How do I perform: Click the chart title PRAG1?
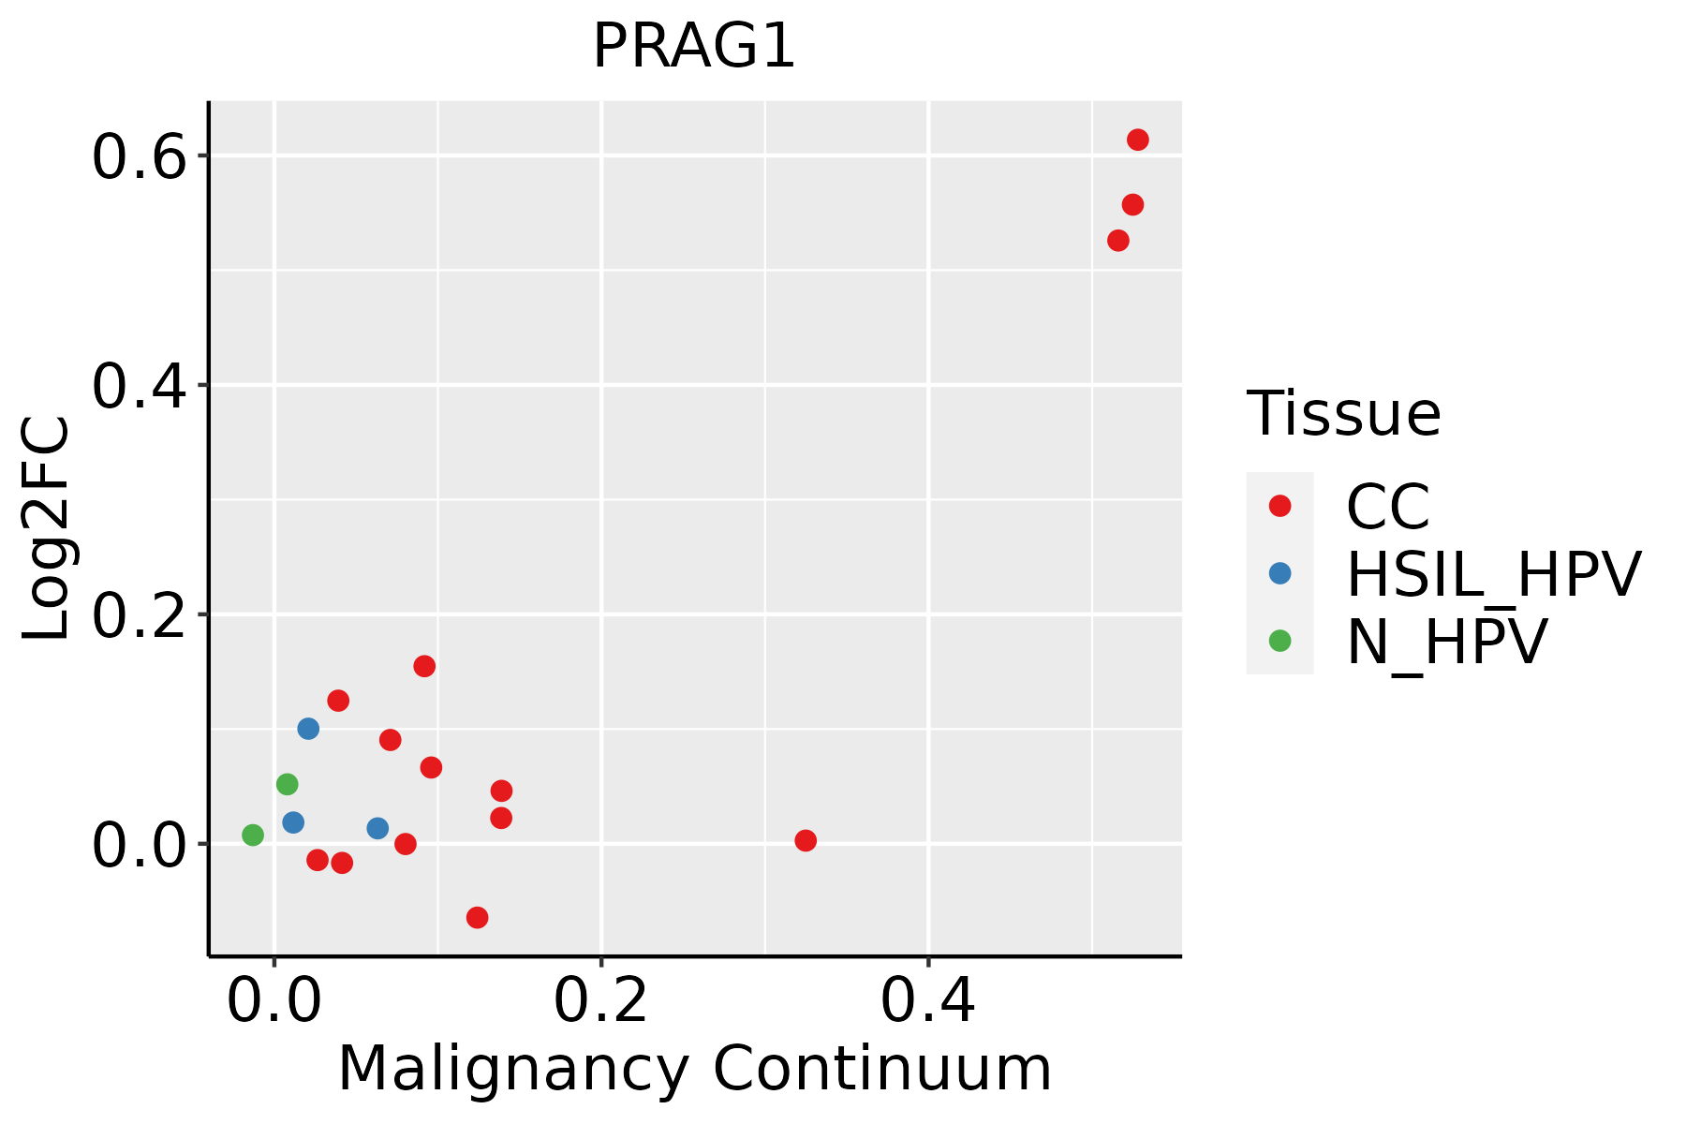pyautogui.click(x=694, y=47)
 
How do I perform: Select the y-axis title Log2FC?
pyautogui.click(x=47, y=529)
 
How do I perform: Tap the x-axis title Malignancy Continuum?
pyautogui.click(x=694, y=1069)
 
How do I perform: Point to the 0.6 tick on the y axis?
pyautogui.click(x=138, y=156)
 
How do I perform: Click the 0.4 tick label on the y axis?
pyautogui.click(x=138, y=386)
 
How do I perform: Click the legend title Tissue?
pyautogui.click(x=1343, y=413)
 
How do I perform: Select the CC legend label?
pyautogui.click(x=1387, y=507)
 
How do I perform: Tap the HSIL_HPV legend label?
pyautogui.click(x=1493, y=574)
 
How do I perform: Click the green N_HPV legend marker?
pyautogui.click(x=1279, y=641)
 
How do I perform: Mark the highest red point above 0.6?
pyautogui.click(x=1138, y=140)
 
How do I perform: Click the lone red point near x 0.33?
pyautogui.click(x=806, y=840)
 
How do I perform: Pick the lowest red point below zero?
pyautogui.click(x=478, y=917)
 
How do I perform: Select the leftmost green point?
pyautogui.click(x=253, y=835)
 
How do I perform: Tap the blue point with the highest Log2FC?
pyautogui.click(x=308, y=729)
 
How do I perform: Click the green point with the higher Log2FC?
pyautogui.click(x=288, y=784)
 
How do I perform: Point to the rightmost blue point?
pyautogui.click(x=377, y=828)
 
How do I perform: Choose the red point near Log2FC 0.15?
pyautogui.click(x=424, y=666)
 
